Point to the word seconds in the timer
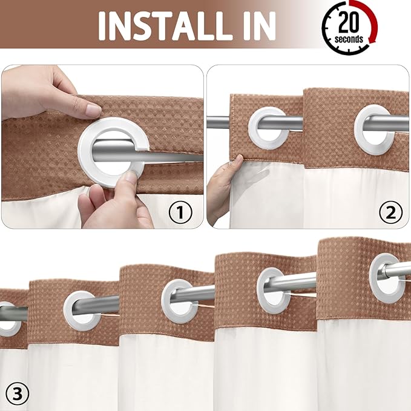pos(349,39)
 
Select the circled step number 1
pos(180,212)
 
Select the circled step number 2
pos(390,212)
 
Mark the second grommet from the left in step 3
pos(82,310)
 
